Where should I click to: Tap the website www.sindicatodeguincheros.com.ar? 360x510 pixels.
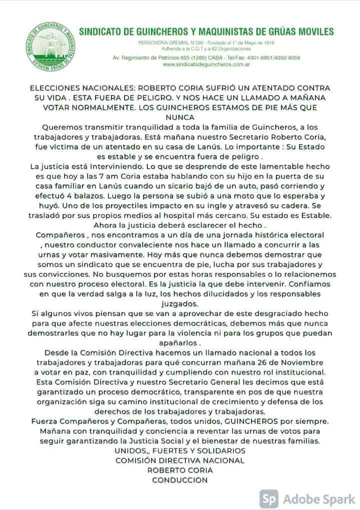coord(206,65)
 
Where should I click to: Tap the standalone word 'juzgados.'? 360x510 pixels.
coord(179,303)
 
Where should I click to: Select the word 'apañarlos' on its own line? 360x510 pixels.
coord(178,343)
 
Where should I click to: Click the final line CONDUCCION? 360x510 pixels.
coord(179,480)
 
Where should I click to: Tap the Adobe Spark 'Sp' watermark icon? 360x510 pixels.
coord(269,498)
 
